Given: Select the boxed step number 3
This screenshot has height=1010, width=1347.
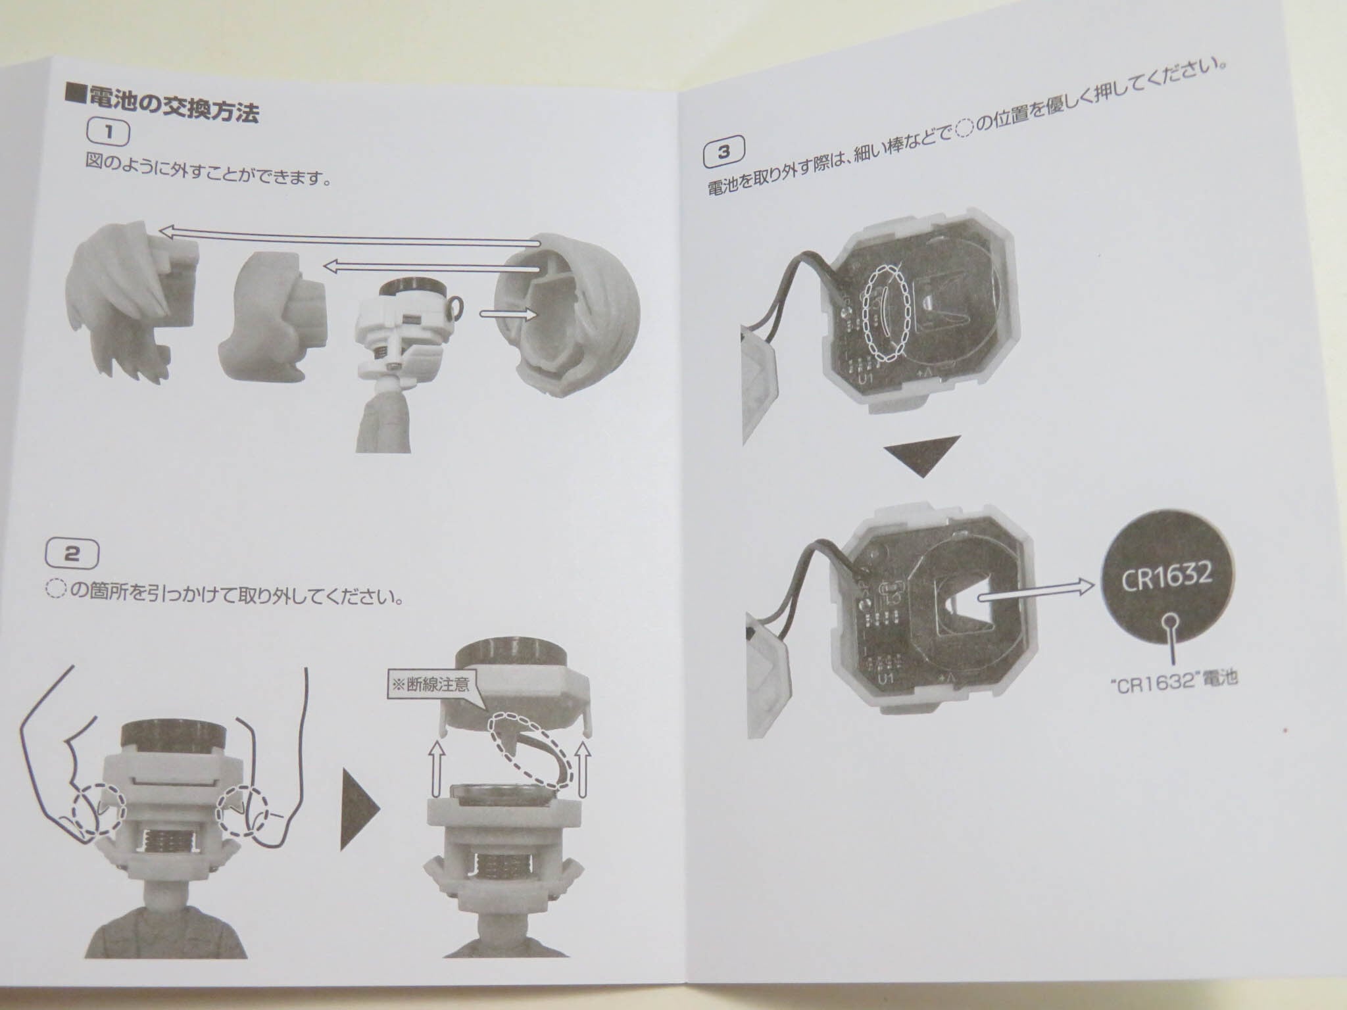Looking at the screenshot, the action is (724, 153).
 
